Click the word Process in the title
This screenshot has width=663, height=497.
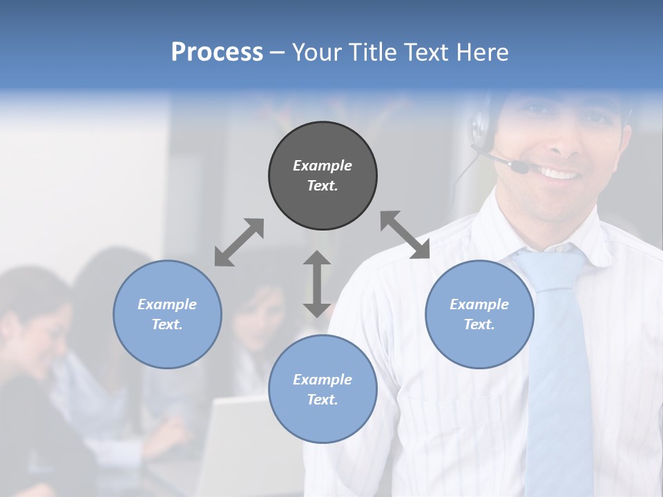pos(217,52)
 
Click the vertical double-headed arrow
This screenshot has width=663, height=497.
pos(317,284)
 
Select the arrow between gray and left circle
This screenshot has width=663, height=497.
pos(239,242)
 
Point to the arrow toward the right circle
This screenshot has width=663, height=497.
pos(405,235)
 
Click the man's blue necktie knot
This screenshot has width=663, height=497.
pos(549,266)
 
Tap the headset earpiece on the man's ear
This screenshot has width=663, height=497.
pos(479,126)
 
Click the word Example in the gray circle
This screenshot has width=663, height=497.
pos(323,166)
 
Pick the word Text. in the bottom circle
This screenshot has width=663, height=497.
pos(323,400)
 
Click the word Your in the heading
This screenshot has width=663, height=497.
pos(318,52)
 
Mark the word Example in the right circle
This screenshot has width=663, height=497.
pos(479,304)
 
